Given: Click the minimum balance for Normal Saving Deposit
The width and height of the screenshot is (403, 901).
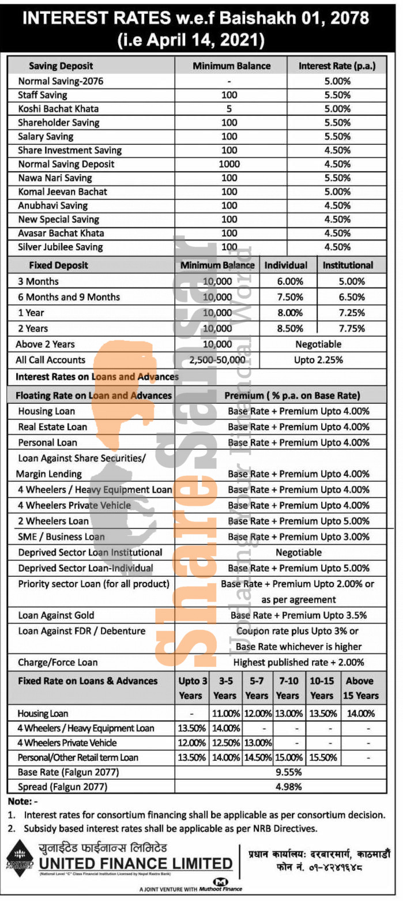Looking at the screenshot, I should click(229, 164).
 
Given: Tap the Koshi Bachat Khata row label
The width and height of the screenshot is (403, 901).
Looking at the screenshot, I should click(58, 108).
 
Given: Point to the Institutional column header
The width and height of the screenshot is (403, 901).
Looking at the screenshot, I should click(348, 265).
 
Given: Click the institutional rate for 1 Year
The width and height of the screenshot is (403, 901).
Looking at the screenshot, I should click(348, 313).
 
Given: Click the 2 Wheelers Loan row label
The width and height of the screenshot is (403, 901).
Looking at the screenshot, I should click(53, 521).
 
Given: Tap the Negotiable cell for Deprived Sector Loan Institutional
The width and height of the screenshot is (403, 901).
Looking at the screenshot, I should click(299, 552).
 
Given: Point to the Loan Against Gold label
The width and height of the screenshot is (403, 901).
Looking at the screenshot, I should click(56, 615).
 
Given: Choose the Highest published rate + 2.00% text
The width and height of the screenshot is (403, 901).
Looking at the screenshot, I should click(299, 662).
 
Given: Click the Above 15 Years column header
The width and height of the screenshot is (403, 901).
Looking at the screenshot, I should click(360, 688).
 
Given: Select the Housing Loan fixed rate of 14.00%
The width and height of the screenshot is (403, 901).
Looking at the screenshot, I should click(360, 713).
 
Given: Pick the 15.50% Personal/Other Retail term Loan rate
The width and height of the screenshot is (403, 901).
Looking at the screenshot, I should click(322, 757).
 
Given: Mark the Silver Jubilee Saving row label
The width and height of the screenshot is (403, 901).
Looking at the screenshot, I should click(60, 247).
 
